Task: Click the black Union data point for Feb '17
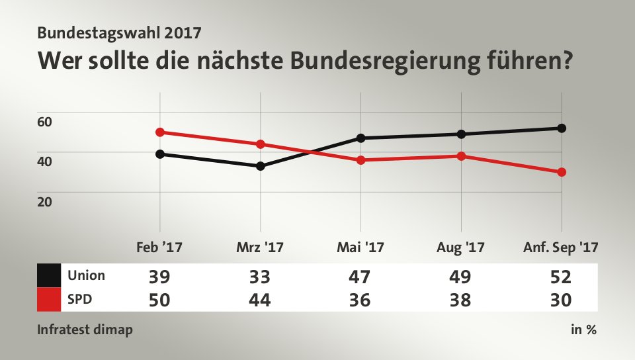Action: point(160,154)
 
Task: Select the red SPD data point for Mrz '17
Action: point(261,144)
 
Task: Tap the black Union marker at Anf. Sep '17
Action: point(562,128)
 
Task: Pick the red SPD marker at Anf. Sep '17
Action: point(562,172)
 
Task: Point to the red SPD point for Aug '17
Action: point(461,156)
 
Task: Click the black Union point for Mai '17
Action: point(361,138)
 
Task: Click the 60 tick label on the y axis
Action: point(44,122)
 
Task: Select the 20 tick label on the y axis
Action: point(44,201)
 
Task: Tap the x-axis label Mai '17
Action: point(360,248)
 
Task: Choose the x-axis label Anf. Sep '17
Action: point(560,248)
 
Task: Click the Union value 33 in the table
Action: point(260,275)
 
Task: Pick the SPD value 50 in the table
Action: point(159,300)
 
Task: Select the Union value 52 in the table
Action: point(561,275)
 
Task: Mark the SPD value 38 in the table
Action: point(460,300)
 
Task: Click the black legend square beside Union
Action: point(49,275)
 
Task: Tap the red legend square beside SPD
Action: point(49,299)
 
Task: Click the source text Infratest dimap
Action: point(84,330)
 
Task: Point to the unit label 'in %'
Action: point(583,330)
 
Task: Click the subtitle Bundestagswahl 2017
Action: point(120,31)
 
